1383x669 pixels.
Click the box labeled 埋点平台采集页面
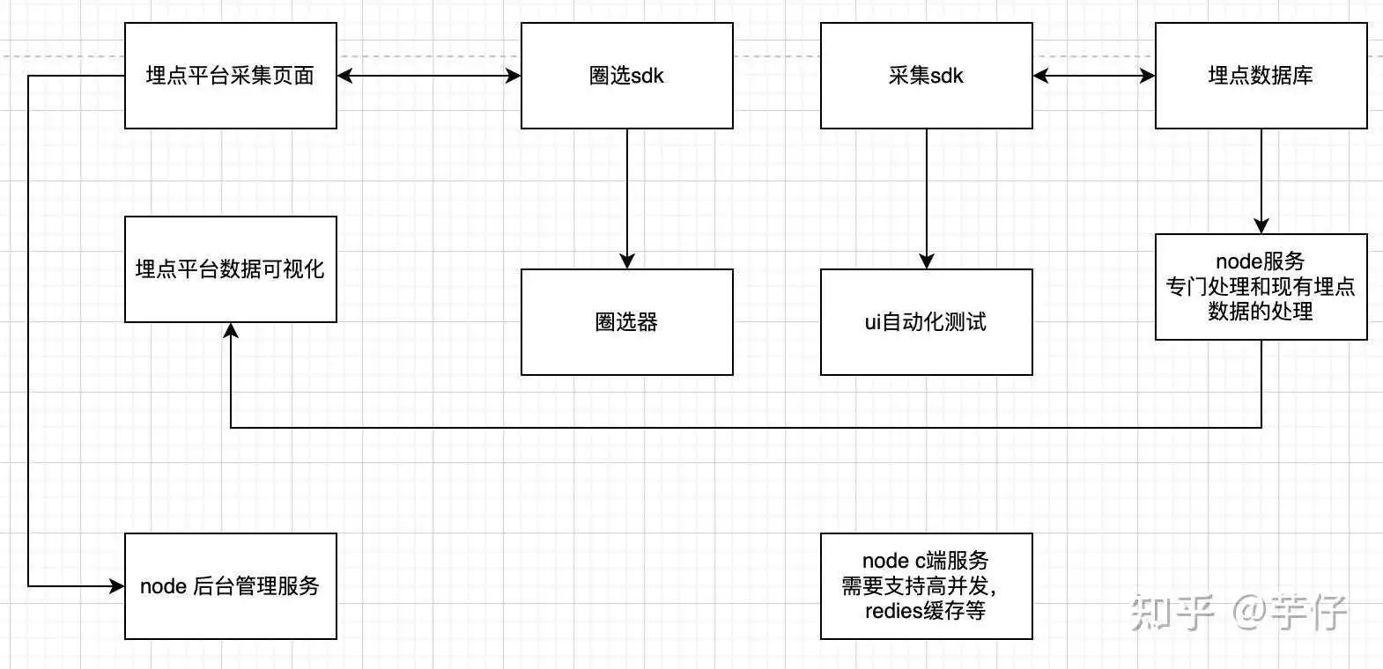230,76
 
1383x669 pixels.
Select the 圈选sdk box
626,76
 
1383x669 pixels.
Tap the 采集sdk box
926,76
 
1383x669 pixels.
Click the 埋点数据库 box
1261,76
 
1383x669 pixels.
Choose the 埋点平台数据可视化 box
230,269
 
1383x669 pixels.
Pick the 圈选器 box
626,321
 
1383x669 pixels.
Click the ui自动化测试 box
926,321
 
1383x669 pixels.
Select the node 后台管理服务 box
230,585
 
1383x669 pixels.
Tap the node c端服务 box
926,585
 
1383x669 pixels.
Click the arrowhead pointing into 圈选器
626,261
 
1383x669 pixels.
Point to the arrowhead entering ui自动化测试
926,261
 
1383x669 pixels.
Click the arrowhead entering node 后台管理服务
116,585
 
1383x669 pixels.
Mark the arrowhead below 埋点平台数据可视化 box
230,331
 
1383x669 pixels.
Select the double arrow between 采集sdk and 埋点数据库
1093,76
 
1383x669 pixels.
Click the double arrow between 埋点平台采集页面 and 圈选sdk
429,76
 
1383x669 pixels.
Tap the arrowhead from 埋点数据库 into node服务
1261,225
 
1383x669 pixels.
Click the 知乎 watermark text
1172,612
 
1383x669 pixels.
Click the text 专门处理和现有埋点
1261,287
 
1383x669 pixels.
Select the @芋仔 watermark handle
1289,612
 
